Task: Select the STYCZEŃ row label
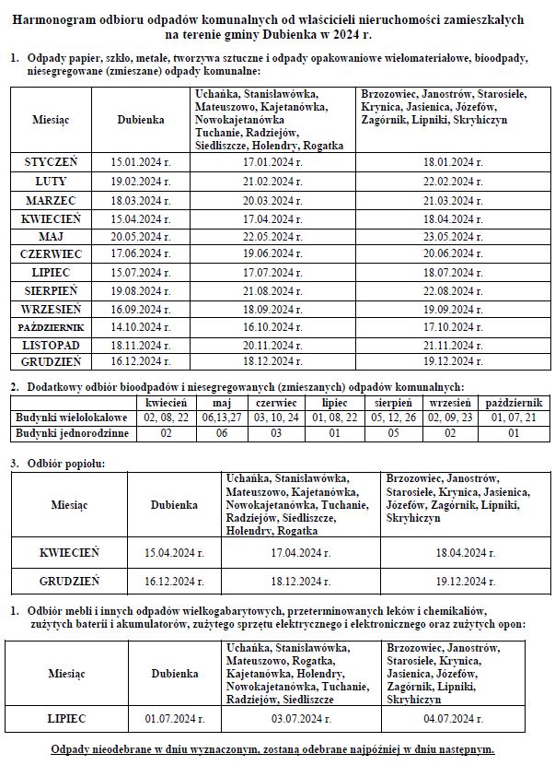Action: (x=51, y=161)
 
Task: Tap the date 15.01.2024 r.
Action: (x=141, y=161)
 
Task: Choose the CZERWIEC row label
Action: (x=51, y=253)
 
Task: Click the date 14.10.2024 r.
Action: (x=141, y=326)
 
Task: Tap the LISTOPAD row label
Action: (x=51, y=344)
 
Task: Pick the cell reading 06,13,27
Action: (x=221, y=418)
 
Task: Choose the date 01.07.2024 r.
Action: (x=174, y=718)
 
